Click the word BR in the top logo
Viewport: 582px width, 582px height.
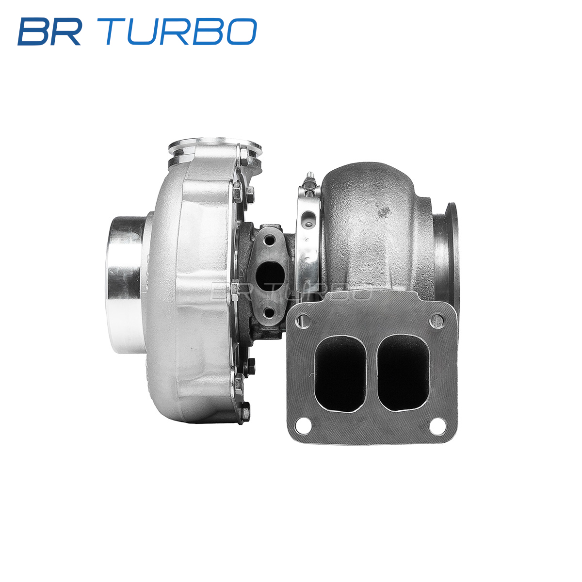click(x=49, y=32)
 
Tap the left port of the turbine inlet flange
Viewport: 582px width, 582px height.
click(x=340, y=373)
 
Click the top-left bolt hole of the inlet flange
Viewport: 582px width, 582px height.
click(x=304, y=321)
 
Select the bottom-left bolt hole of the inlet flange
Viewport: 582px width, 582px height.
click(x=303, y=426)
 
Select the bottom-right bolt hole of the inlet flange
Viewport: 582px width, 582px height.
click(x=437, y=425)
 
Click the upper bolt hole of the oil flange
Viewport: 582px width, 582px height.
click(x=269, y=241)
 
